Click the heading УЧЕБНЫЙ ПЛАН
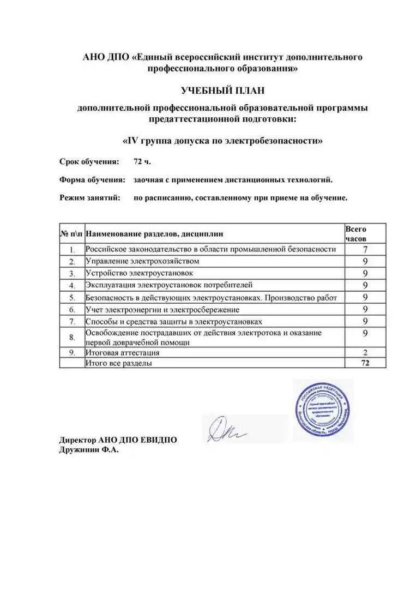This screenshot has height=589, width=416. [222, 90]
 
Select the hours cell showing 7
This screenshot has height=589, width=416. [365, 249]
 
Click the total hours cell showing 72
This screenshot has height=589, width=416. [365, 363]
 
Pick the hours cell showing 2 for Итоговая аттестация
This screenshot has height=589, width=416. [365, 353]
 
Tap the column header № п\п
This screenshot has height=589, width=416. [71, 234]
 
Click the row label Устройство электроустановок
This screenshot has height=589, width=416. [139, 273]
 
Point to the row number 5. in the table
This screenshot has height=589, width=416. [71, 298]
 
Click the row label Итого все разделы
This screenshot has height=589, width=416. [119, 363]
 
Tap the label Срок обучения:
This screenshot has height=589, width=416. [89, 162]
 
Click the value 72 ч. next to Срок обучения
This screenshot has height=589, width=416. [142, 162]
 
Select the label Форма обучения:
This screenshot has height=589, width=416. [92, 179]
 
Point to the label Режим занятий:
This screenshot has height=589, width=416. [90, 197]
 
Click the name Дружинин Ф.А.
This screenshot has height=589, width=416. [88, 450]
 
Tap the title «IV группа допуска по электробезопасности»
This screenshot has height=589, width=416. [222, 140]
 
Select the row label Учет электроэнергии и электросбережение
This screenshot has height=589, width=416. [155, 310]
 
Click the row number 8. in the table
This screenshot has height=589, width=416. [71, 338]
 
